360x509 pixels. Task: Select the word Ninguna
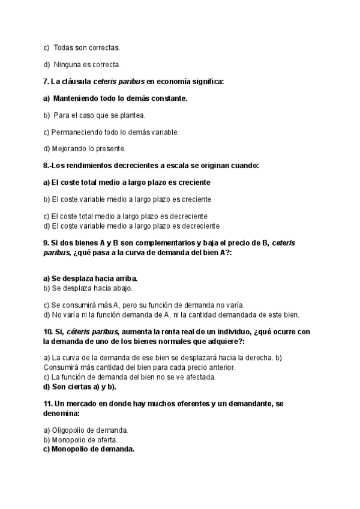[67, 64]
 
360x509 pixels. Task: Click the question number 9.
[46, 242]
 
